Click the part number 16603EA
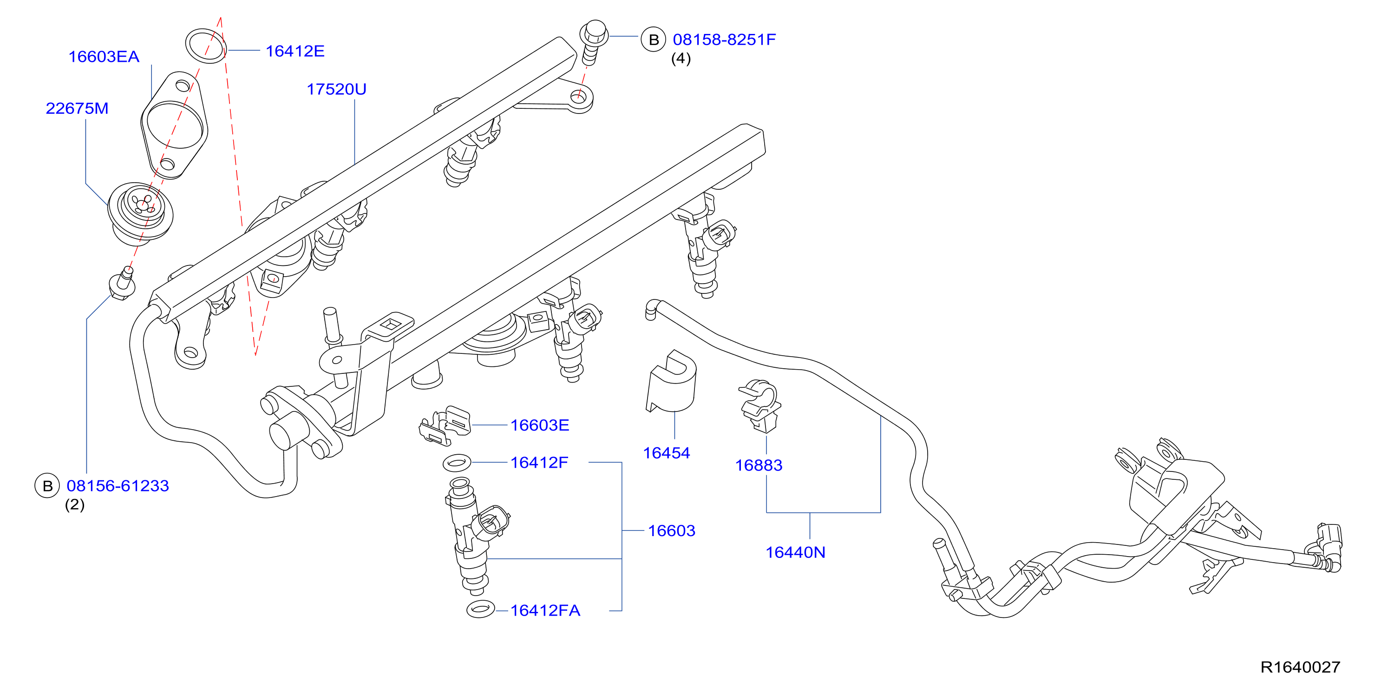(x=104, y=57)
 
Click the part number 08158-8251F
(x=724, y=40)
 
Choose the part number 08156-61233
(x=118, y=486)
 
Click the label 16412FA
(x=545, y=610)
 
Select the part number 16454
(x=666, y=453)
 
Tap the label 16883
(x=758, y=465)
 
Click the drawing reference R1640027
(x=1300, y=667)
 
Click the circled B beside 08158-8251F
(x=653, y=40)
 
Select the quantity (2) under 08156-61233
(x=75, y=505)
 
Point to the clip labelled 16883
(x=760, y=405)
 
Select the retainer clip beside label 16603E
(x=445, y=425)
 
